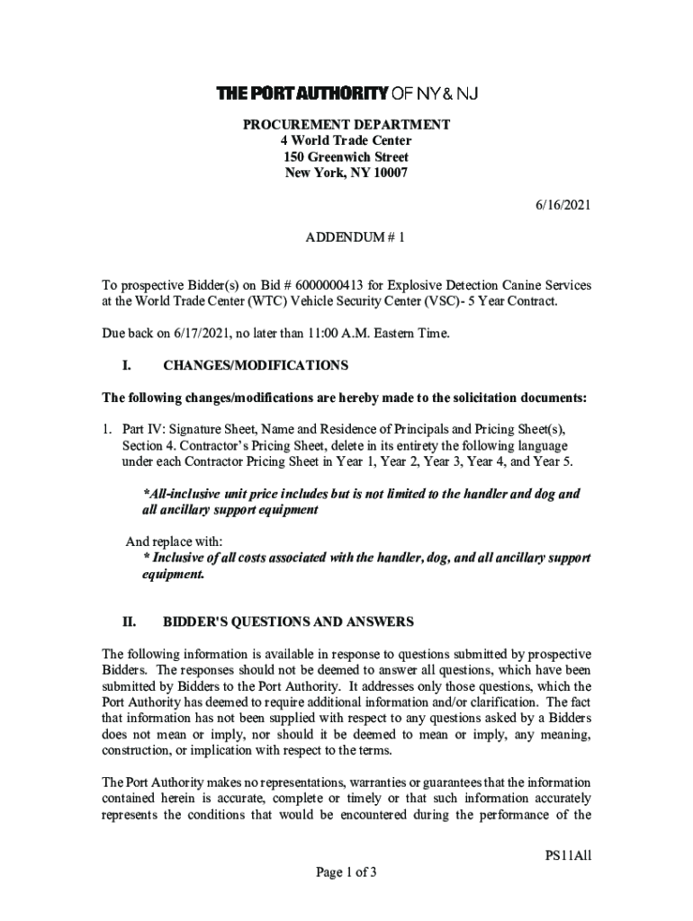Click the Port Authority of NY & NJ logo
click(346, 94)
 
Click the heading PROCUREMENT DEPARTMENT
click(346, 124)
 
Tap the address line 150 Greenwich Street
click(346, 157)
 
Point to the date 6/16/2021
click(562, 206)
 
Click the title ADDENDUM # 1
click(346, 238)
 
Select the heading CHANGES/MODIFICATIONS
click(255, 366)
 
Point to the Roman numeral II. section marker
click(129, 621)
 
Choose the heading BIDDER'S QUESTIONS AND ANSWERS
click(288, 621)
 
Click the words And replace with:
click(173, 541)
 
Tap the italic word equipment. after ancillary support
click(167, 575)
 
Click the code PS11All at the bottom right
click(567, 855)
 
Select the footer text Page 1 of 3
click(346, 872)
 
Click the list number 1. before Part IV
click(107, 430)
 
